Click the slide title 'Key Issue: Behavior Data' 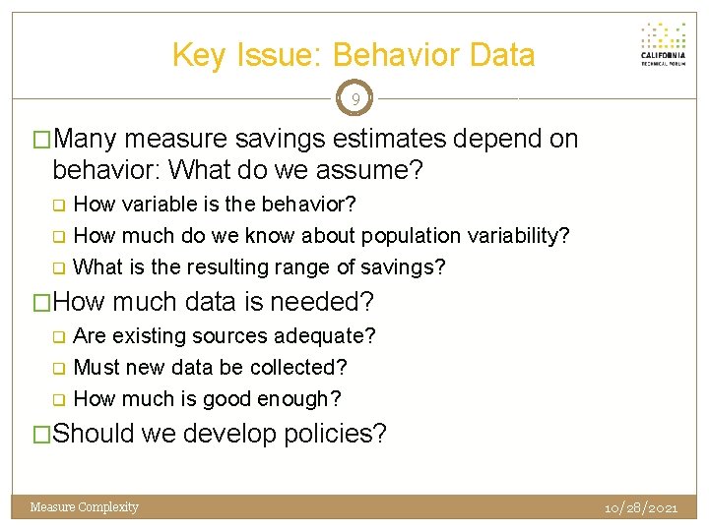(354, 55)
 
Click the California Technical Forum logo (663, 44)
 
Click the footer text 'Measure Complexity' (85, 507)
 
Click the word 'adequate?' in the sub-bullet (328, 336)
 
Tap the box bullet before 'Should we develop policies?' (42, 434)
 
